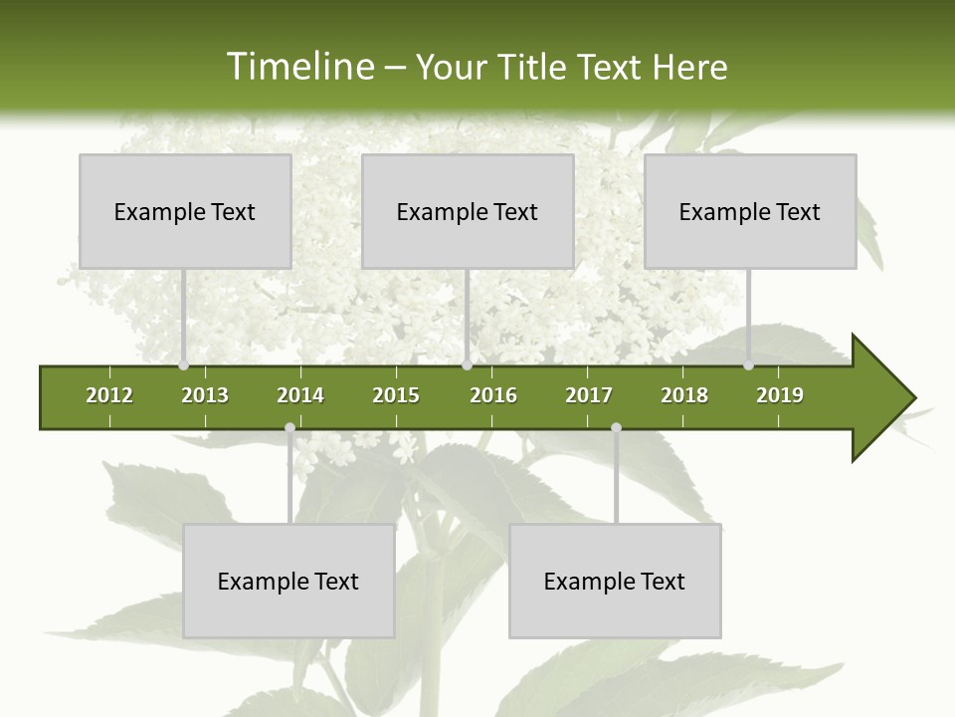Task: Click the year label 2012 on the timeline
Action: [109, 395]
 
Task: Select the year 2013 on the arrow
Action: [205, 395]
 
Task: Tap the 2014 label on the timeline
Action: [300, 395]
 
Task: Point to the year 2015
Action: [396, 395]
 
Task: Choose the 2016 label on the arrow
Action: [493, 395]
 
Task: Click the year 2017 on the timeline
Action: [589, 395]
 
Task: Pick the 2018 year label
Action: [684, 395]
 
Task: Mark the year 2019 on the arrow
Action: [780, 395]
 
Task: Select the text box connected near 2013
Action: [185, 211]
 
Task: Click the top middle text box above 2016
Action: [468, 211]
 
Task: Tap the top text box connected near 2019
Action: [750, 211]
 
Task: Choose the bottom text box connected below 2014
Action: [288, 581]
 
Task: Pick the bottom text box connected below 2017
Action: [615, 581]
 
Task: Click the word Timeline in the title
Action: [299, 67]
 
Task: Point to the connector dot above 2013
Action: [184, 365]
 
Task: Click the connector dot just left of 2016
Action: [468, 365]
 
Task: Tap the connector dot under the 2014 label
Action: [289, 428]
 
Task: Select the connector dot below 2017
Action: [616, 428]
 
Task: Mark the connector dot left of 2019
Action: [749, 365]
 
